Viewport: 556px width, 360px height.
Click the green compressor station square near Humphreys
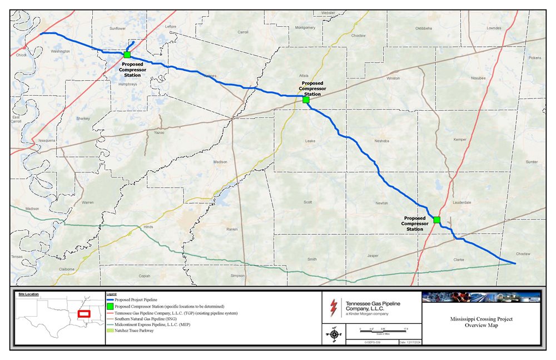click(x=127, y=55)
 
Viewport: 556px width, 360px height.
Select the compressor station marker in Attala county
click(x=306, y=100)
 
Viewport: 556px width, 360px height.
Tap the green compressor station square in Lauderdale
click(x=436, y=220)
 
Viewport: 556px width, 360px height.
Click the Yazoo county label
click(x=160, y=134)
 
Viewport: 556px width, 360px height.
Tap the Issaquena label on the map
click(x=47, y=141)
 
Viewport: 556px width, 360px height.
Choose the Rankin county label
click(x=232, y=229)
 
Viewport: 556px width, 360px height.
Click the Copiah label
click(x=144, y=275)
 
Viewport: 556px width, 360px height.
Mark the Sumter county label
click(x=532, y=162)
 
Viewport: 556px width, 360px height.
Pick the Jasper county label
click(x=373, y=256)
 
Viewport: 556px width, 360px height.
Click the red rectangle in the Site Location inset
click(x=84, y=314)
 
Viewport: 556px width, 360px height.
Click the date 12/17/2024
click(x=410, y=343)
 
